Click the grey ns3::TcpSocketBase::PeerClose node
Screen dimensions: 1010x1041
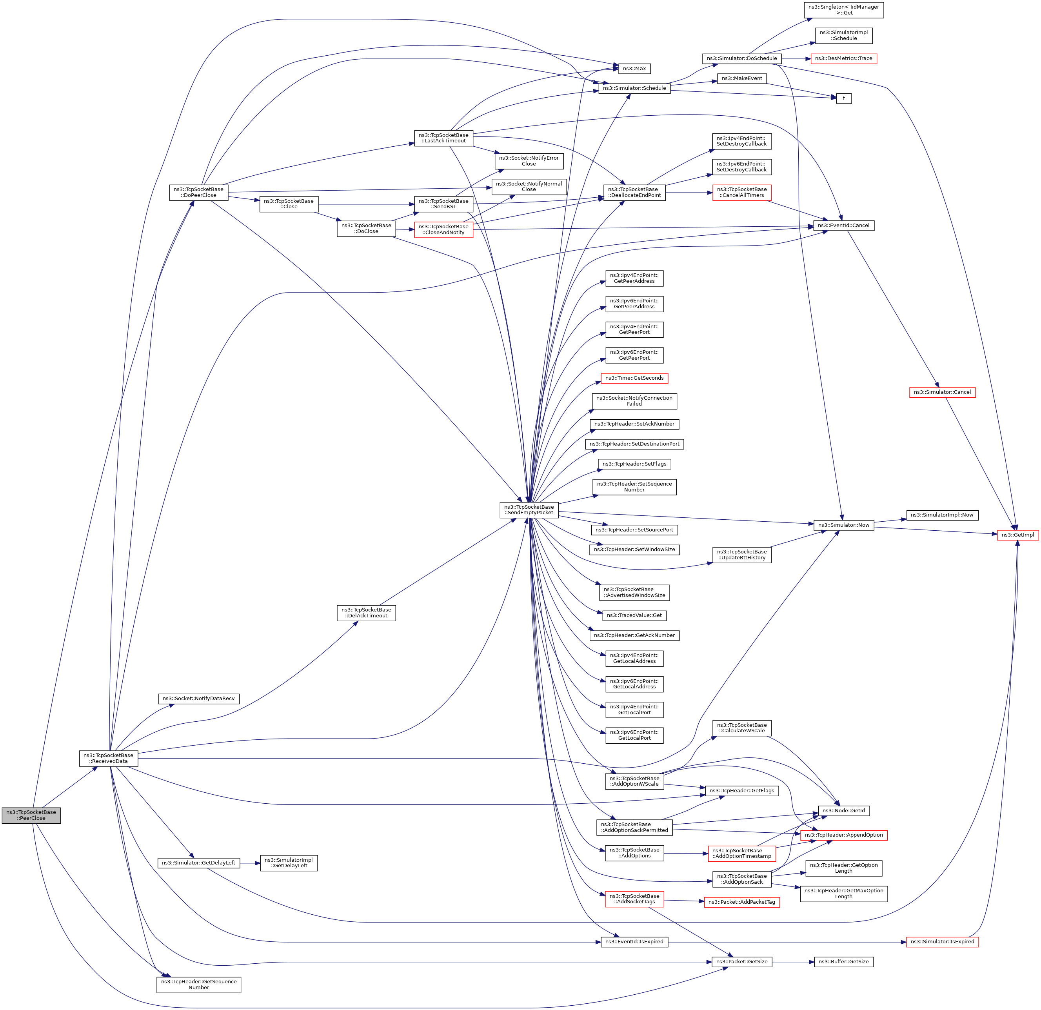tap(31, 815)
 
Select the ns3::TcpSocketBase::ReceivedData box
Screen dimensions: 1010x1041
tap(108, 758)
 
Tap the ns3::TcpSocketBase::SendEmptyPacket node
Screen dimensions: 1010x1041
tap(529, 510)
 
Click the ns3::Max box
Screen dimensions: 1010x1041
tap(634, 69)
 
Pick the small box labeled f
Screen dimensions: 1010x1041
tap(843, 98)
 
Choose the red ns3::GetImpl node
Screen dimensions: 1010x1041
tap(1017, 535)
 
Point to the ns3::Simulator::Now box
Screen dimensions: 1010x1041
tap(843, 525)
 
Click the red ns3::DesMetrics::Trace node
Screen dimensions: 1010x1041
tap(843, 58)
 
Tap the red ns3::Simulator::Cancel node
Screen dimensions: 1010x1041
tap(942, 392)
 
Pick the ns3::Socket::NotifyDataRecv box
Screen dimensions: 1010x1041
tap(199, 699)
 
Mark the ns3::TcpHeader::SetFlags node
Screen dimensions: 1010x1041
tap(634, 464)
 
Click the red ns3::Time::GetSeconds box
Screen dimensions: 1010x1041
tap(634, 378)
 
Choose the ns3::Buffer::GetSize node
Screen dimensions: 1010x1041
tap(843, 962)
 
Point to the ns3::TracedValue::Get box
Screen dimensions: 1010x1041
tap(634, 615)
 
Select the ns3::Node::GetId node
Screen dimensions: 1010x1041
tap(843, 811)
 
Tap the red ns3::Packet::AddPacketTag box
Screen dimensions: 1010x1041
tap(741, 902)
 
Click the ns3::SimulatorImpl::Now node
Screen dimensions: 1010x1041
tap(942, 515)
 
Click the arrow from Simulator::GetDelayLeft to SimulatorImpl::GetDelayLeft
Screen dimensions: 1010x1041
tap(250, 863)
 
